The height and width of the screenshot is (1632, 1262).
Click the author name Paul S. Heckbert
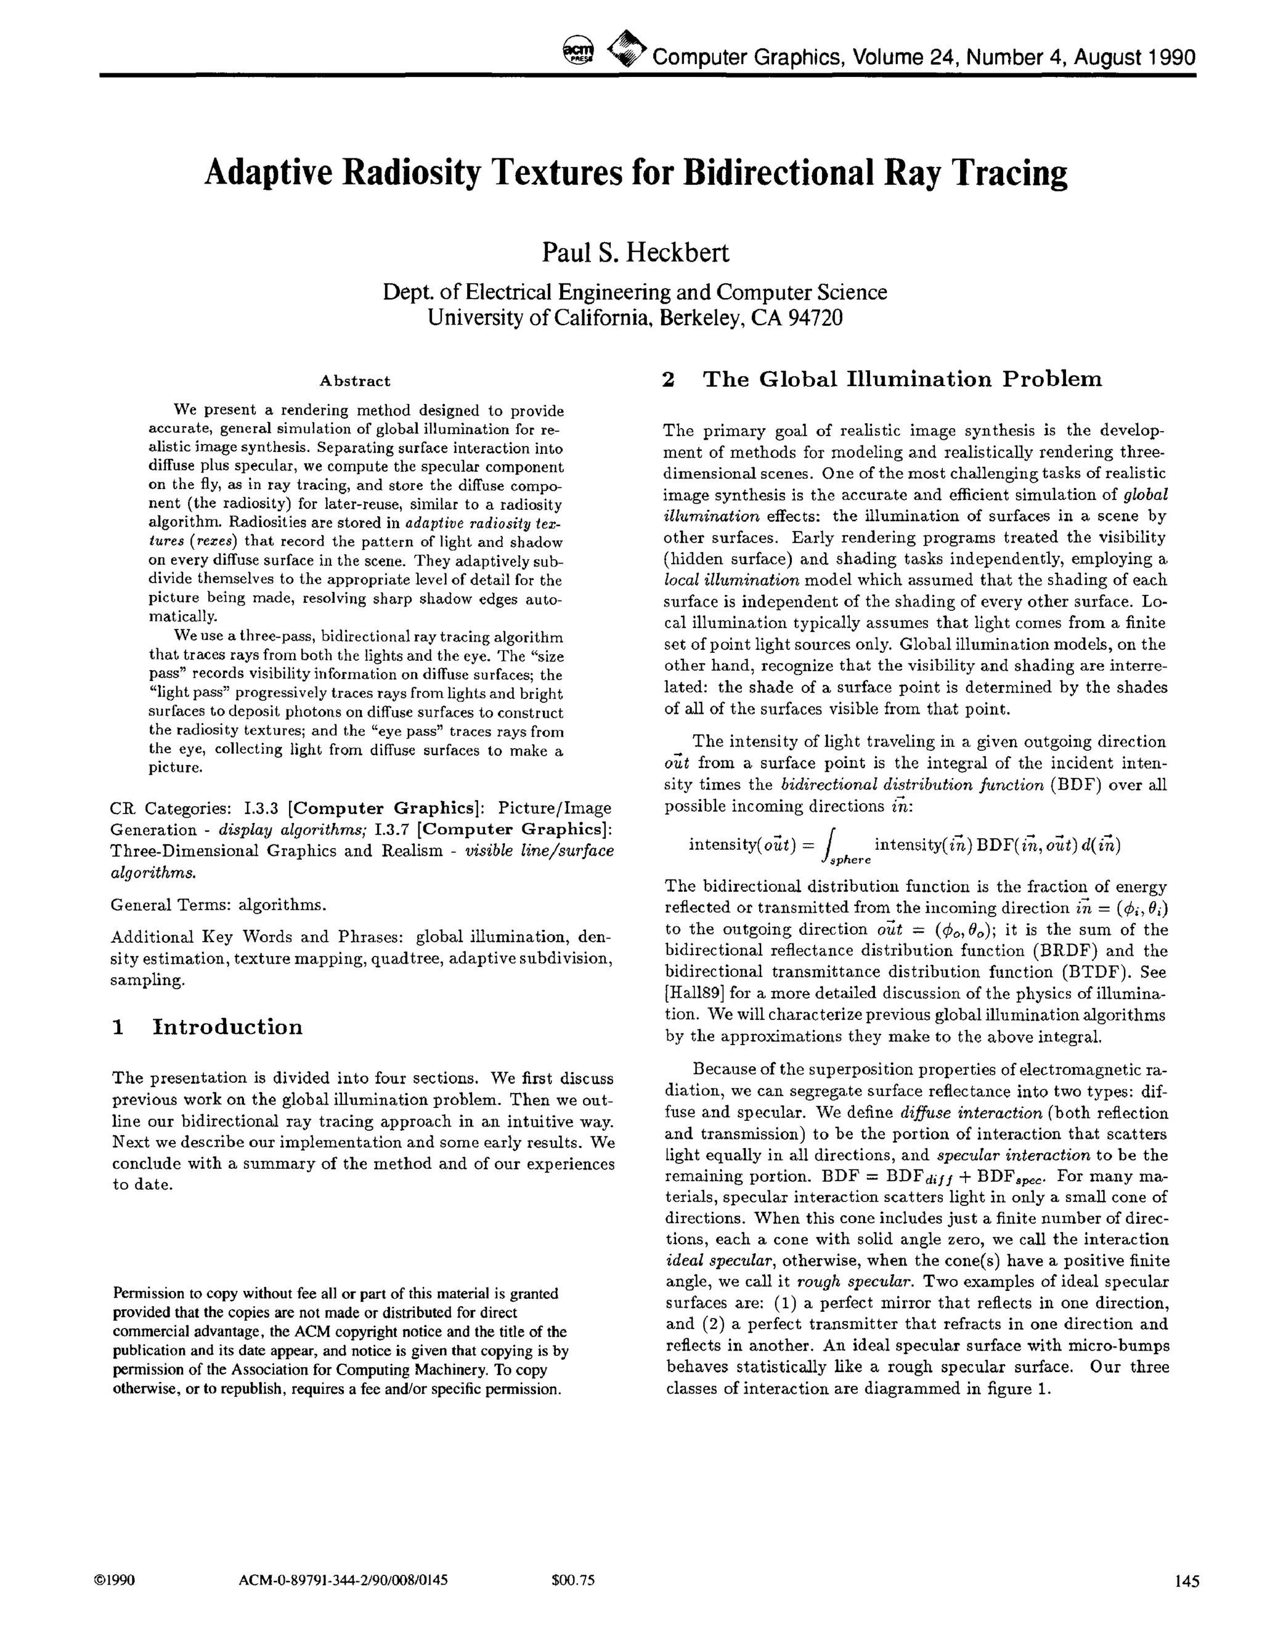pos(635,252)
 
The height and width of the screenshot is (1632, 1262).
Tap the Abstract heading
pos(354,381)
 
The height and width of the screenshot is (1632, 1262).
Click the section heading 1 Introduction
pos(207,1027)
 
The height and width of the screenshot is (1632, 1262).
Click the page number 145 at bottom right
pos(1186,1580)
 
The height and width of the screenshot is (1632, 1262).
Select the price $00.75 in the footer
pos(572,1580)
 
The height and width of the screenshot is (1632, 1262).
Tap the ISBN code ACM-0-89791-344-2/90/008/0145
pos(343,1580)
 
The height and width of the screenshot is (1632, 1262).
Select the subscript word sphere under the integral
pos(850,860)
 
